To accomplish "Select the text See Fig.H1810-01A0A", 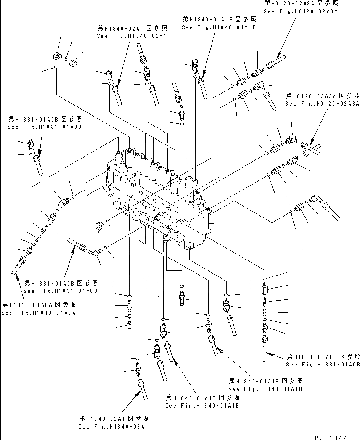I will tap(38, 313).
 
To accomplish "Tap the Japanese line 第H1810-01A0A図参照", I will tap(39, 305).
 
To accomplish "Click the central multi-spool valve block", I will tap(160, 196).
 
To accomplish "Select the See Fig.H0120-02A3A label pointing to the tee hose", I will tap(322, 104).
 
